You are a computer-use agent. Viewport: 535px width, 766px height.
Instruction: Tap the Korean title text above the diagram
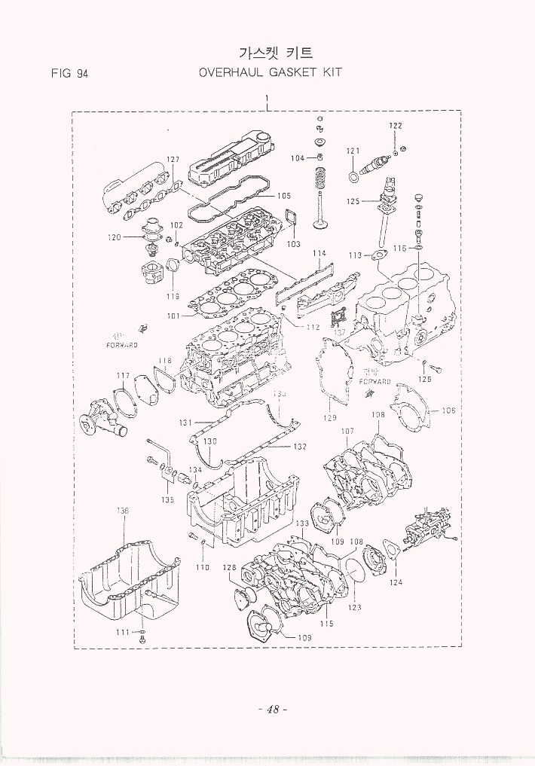(274, 53)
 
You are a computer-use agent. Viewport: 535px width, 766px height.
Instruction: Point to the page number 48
(267, 710)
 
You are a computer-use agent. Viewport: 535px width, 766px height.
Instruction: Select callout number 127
(173, 160)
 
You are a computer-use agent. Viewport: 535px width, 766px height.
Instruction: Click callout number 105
(283, 196)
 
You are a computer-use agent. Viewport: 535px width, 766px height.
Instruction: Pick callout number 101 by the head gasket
(174, 316)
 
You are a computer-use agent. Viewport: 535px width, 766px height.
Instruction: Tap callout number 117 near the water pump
(122, 375)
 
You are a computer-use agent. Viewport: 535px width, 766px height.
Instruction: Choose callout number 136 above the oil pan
(122, 511)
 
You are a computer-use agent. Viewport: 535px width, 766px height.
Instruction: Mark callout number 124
(396, 582)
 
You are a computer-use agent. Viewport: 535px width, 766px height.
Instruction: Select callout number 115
(326, 624)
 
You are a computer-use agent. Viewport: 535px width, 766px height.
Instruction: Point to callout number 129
(330, 417)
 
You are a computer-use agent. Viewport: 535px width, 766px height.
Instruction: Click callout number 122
(395, 125)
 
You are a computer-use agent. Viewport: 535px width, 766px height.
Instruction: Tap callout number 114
(319, 253)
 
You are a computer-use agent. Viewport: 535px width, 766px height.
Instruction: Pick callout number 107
(347, 432)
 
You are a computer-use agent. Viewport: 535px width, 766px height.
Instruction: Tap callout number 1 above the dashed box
(267, 99)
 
